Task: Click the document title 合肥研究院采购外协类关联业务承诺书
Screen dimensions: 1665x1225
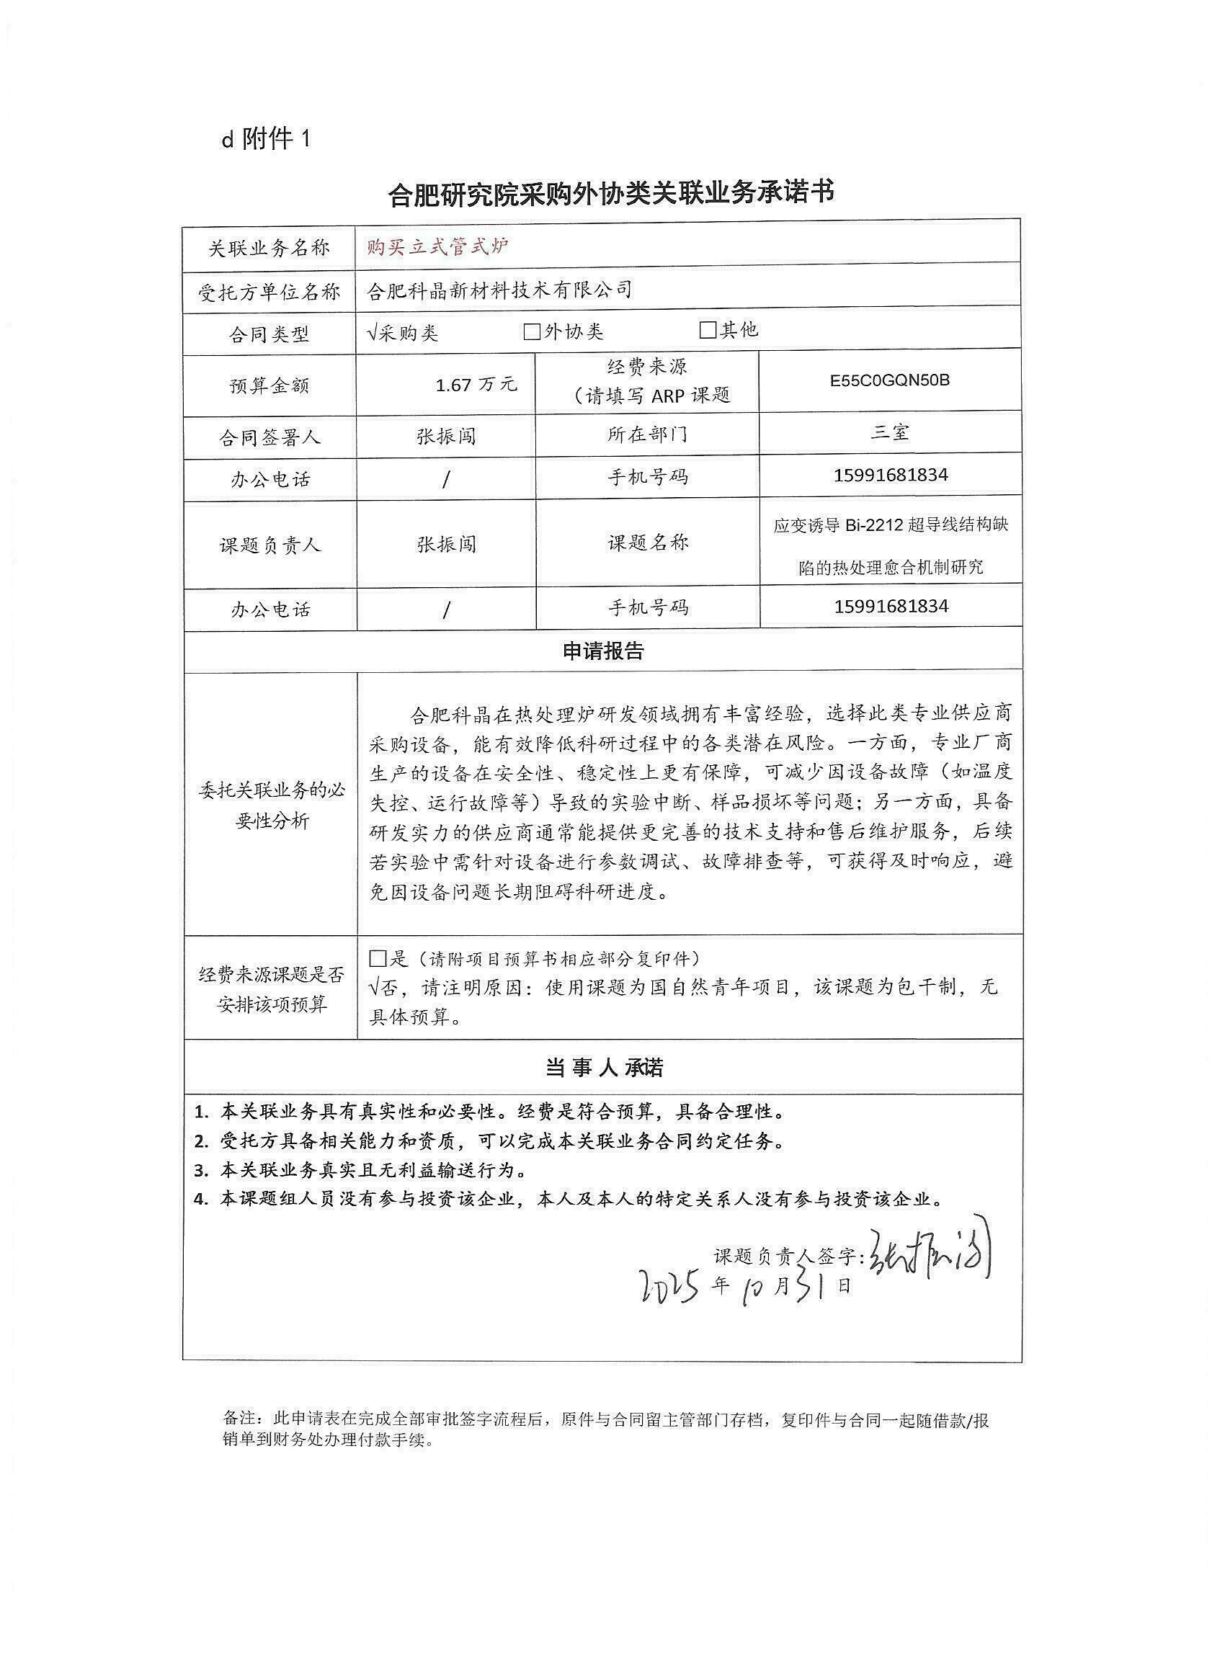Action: pos(611,192)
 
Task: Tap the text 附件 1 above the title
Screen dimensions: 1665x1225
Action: pos(275,138)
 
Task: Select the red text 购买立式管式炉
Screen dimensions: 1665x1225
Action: pos(438,246)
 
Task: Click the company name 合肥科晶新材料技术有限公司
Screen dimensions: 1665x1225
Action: pos(500,289)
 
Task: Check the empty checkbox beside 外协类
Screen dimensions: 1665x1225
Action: pos(532,331)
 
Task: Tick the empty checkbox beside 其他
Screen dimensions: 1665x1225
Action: pos(708,330)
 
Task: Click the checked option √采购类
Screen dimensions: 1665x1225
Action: pos(404,333)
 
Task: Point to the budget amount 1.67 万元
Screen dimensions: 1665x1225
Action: pos(476,385)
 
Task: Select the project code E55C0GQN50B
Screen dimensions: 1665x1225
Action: pos(890,381)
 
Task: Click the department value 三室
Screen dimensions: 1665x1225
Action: pos(890,432)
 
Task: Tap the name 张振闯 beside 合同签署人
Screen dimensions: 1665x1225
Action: pos(445,436)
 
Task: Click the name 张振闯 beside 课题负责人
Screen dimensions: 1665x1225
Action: pos(445,545)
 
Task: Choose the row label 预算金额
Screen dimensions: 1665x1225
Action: pos(269,385)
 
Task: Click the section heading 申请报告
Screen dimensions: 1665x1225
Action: pos(603,651)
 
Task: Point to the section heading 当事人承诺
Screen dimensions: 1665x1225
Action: pos(604,1068)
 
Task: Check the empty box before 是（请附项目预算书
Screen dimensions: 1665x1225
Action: pos(378,959)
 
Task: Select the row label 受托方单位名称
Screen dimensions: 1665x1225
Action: pos(269,292)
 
